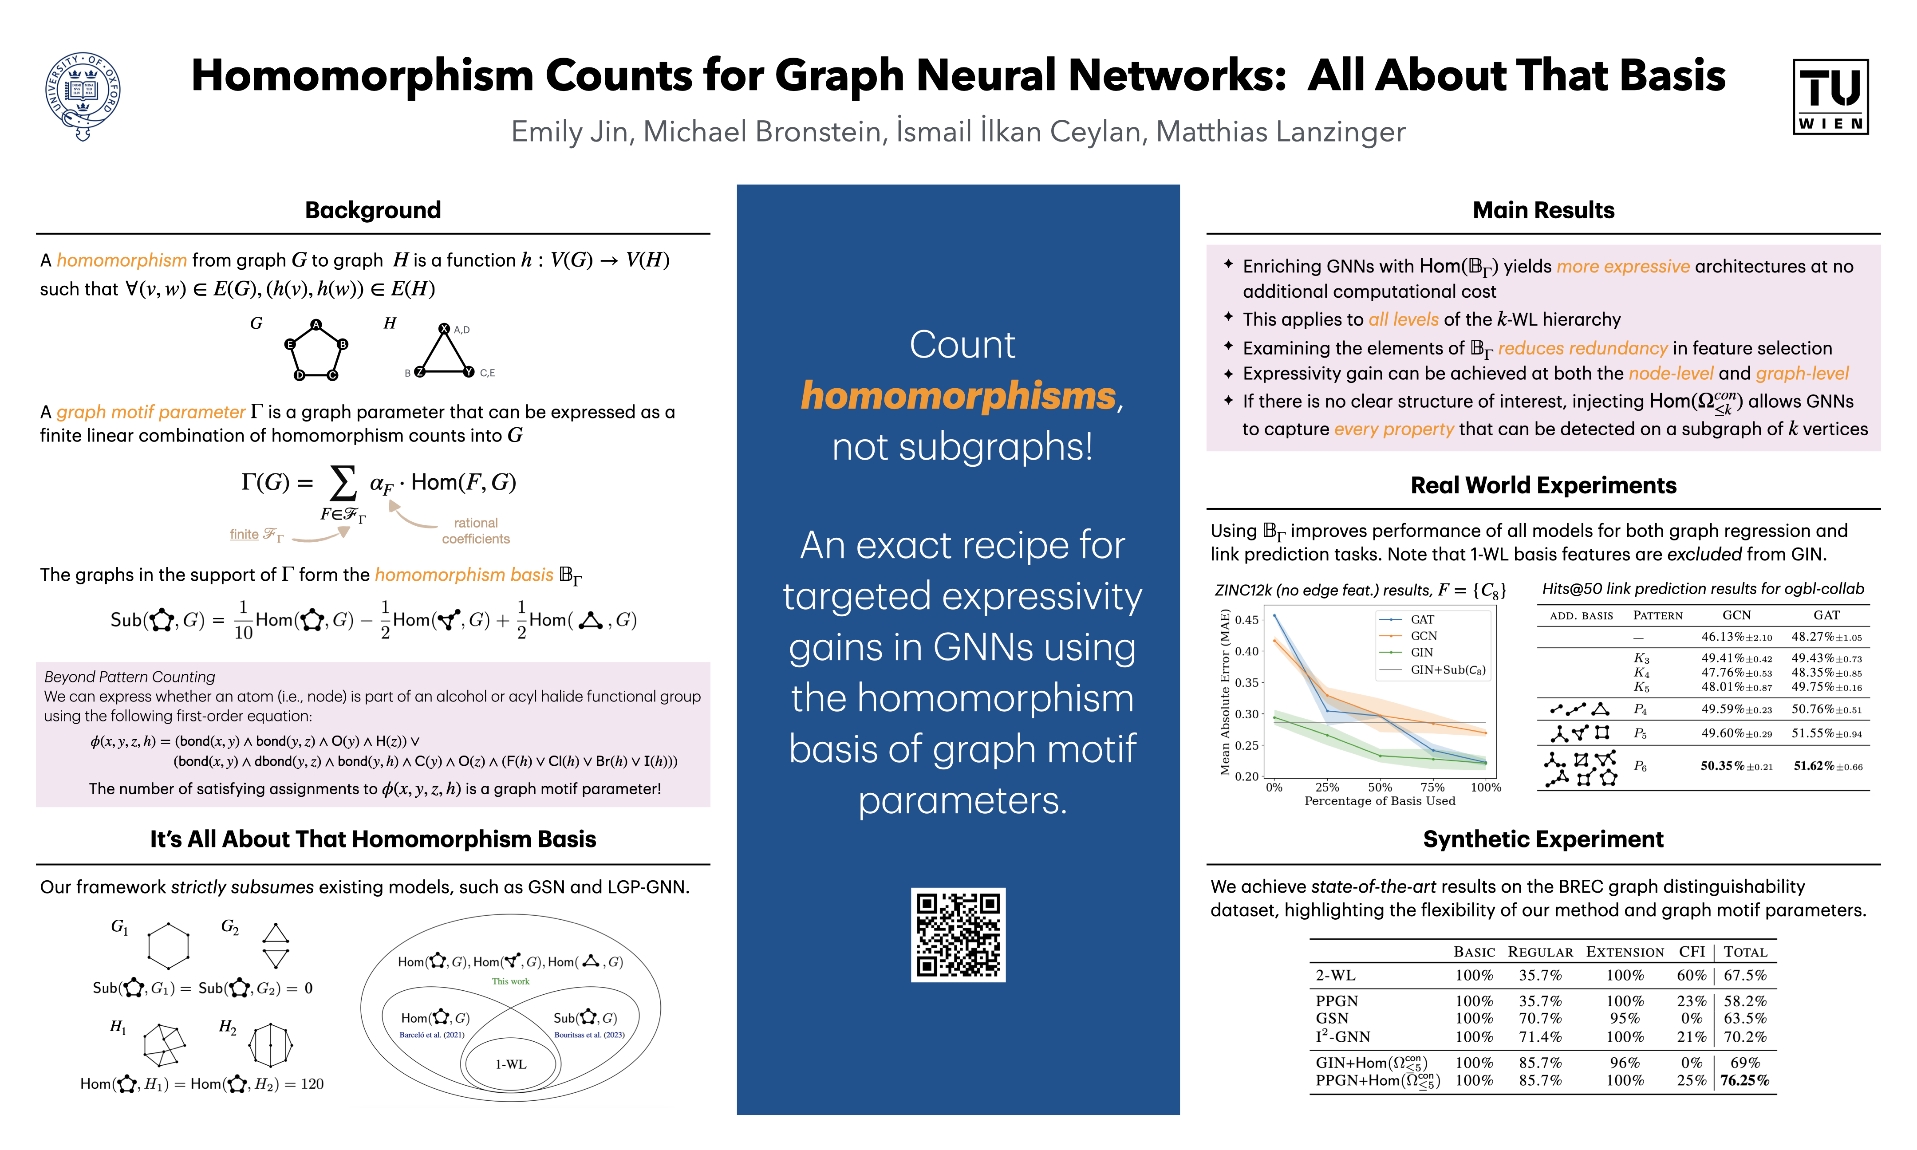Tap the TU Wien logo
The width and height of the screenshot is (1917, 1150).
point(1830,97)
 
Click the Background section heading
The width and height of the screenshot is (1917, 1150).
point(373,210)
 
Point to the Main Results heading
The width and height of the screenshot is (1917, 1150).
point(1543,210)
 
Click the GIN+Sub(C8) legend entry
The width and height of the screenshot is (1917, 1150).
point(1448,670)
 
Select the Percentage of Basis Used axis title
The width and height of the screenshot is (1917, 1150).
point(1379,801)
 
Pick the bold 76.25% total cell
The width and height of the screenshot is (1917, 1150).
point(1744,1080)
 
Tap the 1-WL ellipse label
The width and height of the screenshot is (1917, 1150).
point(511,1064)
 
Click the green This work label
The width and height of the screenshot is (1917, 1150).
point(511,981)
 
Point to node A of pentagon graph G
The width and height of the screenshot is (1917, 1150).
point(316,325)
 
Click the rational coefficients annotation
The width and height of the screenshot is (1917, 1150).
point(476,531)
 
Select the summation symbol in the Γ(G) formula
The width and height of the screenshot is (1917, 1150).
point(343,482)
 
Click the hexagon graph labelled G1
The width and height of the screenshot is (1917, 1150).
point(168,945)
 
